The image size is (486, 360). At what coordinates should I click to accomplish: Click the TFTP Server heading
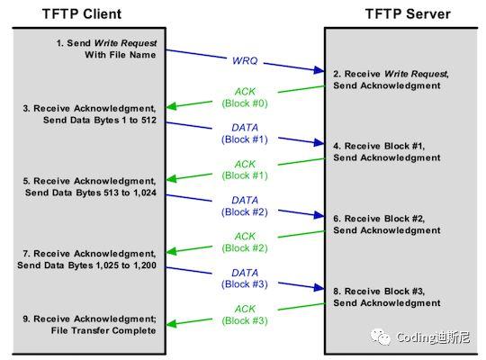[x=408, y=13]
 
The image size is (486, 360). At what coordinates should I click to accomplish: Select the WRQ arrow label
[x=245, y=60]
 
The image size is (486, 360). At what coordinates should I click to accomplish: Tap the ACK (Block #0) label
[x=245, y=96]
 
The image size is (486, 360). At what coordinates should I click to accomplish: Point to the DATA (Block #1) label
[x=245, y=132]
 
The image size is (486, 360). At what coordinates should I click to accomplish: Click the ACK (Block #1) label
[x=245, y=169]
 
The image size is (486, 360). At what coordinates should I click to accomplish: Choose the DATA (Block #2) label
[x=245, y=205]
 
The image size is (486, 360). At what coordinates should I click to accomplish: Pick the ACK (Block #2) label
[x=245, y=241]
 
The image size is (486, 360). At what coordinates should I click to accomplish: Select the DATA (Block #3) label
[x=245, y=278]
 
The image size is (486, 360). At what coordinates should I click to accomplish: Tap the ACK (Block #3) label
[x=245, y=315]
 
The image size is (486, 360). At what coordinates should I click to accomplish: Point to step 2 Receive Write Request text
[x=387, y=79]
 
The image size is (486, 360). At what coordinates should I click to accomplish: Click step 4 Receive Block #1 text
[x=387, y=151]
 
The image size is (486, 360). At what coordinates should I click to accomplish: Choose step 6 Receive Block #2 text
[x=387, y=224]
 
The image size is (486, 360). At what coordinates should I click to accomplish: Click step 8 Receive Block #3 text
[x=387, y=298]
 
